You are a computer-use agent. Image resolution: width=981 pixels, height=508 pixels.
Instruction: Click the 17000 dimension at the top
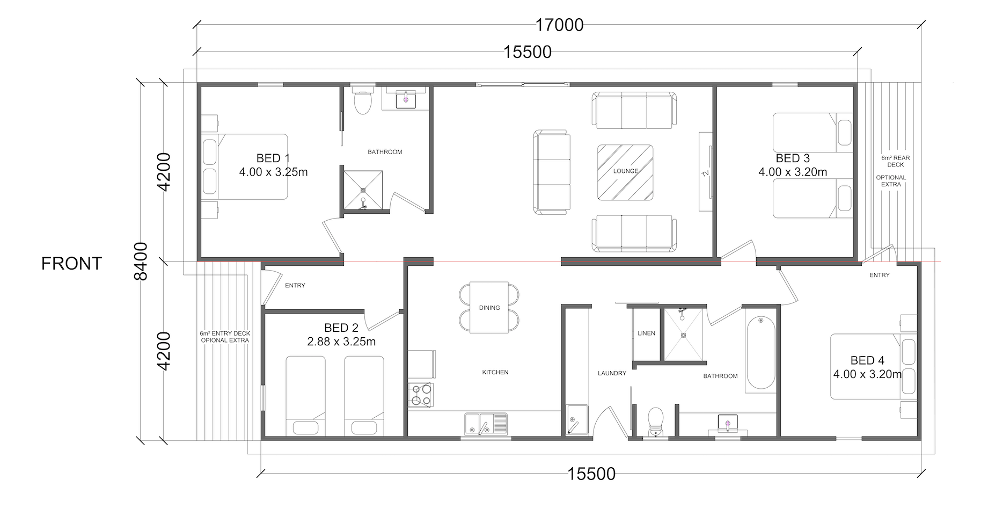(559, 25)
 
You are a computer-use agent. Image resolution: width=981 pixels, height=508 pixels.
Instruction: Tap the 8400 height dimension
(141, 262)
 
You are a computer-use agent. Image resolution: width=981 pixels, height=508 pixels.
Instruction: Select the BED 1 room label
(273, 158)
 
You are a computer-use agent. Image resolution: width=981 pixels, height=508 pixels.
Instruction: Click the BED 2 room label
(341, 328)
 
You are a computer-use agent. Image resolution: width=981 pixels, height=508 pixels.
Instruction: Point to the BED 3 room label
(793, 158)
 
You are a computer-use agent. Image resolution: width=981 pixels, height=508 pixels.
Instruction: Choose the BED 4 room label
(867, 360)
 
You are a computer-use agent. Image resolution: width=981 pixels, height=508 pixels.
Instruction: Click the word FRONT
(71, 264)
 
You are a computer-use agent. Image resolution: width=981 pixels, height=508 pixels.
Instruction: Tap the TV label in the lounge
(705, 174)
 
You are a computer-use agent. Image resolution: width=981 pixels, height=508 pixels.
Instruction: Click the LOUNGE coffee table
(625, 172)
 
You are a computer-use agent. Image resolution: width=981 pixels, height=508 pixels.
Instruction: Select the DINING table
(489, 307)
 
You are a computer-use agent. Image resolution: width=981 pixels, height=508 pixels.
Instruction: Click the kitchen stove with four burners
(420, 395)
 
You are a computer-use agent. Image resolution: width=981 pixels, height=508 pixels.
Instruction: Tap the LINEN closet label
(646, 333)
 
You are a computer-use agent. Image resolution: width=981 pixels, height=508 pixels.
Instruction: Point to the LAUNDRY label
(612, 373)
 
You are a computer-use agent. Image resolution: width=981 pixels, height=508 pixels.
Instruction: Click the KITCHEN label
(495, 372)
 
